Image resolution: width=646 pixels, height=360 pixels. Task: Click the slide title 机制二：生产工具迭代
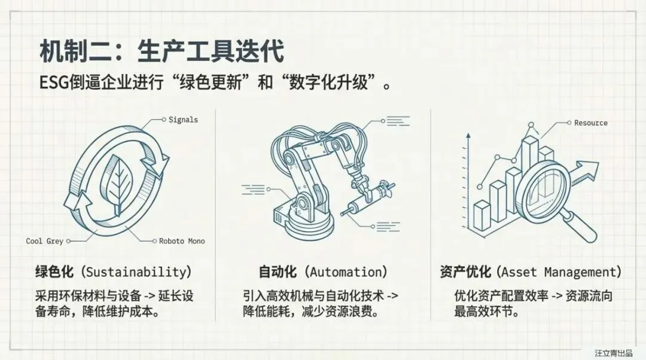click(161, 52)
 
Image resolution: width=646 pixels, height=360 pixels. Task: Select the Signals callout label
click(183, 120)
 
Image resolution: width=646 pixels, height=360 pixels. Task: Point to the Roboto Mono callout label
click(182, 242)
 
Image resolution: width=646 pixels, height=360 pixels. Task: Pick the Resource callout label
click(590, 123)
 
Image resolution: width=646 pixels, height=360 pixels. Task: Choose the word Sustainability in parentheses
click(138, 272)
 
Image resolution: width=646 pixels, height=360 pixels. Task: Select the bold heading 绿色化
click(55, 272)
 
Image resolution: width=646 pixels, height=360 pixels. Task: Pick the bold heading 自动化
click(278, 272)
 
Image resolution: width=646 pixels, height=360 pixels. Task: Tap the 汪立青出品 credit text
click(613, 353)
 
